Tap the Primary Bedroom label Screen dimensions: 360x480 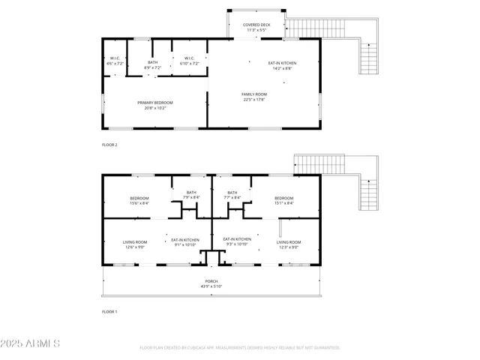point(155,105)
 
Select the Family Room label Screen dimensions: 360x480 point(254,97)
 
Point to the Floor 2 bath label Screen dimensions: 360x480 point(152,65)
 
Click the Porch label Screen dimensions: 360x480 point(211,283)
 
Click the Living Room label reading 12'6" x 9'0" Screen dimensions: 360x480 point(135,244)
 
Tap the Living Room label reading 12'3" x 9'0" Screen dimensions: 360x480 point(289,244)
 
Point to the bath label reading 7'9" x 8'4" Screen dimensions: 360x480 point(190,195)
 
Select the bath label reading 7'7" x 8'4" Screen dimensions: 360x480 point(232,195)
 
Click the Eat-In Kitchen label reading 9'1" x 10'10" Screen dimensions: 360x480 point(184,241)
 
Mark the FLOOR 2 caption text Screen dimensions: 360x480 point(109,144)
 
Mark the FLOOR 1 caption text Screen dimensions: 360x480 point(109,310)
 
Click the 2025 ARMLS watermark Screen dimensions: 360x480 point(31,343)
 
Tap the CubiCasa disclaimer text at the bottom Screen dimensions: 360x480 point(240,348)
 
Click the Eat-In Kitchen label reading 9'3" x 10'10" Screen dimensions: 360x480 point(237,241)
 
